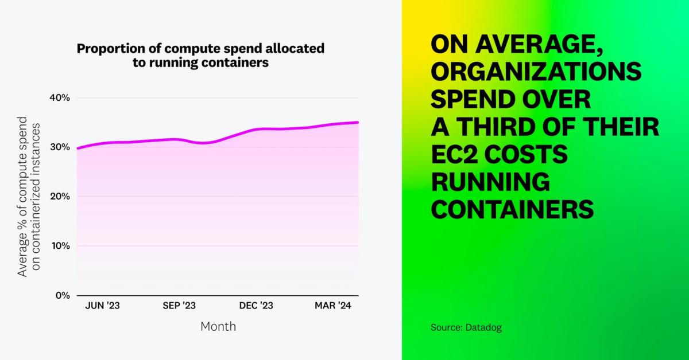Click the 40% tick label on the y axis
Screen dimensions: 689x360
pos(60,98)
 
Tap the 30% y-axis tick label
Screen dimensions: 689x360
pos(60,147)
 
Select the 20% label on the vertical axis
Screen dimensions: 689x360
pos(60,197)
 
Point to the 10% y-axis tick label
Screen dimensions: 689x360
pos(61,246)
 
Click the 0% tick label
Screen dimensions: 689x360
pos(63,295)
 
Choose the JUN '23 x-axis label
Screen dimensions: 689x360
pos(102,306)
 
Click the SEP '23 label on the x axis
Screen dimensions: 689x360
pos(179,306)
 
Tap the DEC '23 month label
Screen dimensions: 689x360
pos(256,306)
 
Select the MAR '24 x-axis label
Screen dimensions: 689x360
pos(333,306)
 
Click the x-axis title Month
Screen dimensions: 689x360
pos(218,327)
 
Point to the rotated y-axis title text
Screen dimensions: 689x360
pos(29,197)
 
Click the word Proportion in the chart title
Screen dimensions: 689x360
pos(111,49)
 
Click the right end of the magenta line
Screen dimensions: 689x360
pos(358,122)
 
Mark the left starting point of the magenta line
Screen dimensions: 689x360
pos(78,148)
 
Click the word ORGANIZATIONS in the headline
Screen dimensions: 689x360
pos(536,72)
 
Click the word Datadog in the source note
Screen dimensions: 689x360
pos(483,328)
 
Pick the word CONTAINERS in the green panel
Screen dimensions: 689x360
pos(512,209)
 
